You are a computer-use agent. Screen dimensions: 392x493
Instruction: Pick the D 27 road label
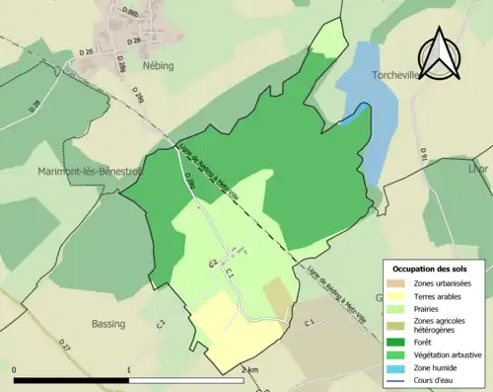[x=64, y=346]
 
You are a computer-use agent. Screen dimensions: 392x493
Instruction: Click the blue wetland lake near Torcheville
[x=359, y=109]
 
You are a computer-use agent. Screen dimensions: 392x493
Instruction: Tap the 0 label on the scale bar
[x=14, y=369]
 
